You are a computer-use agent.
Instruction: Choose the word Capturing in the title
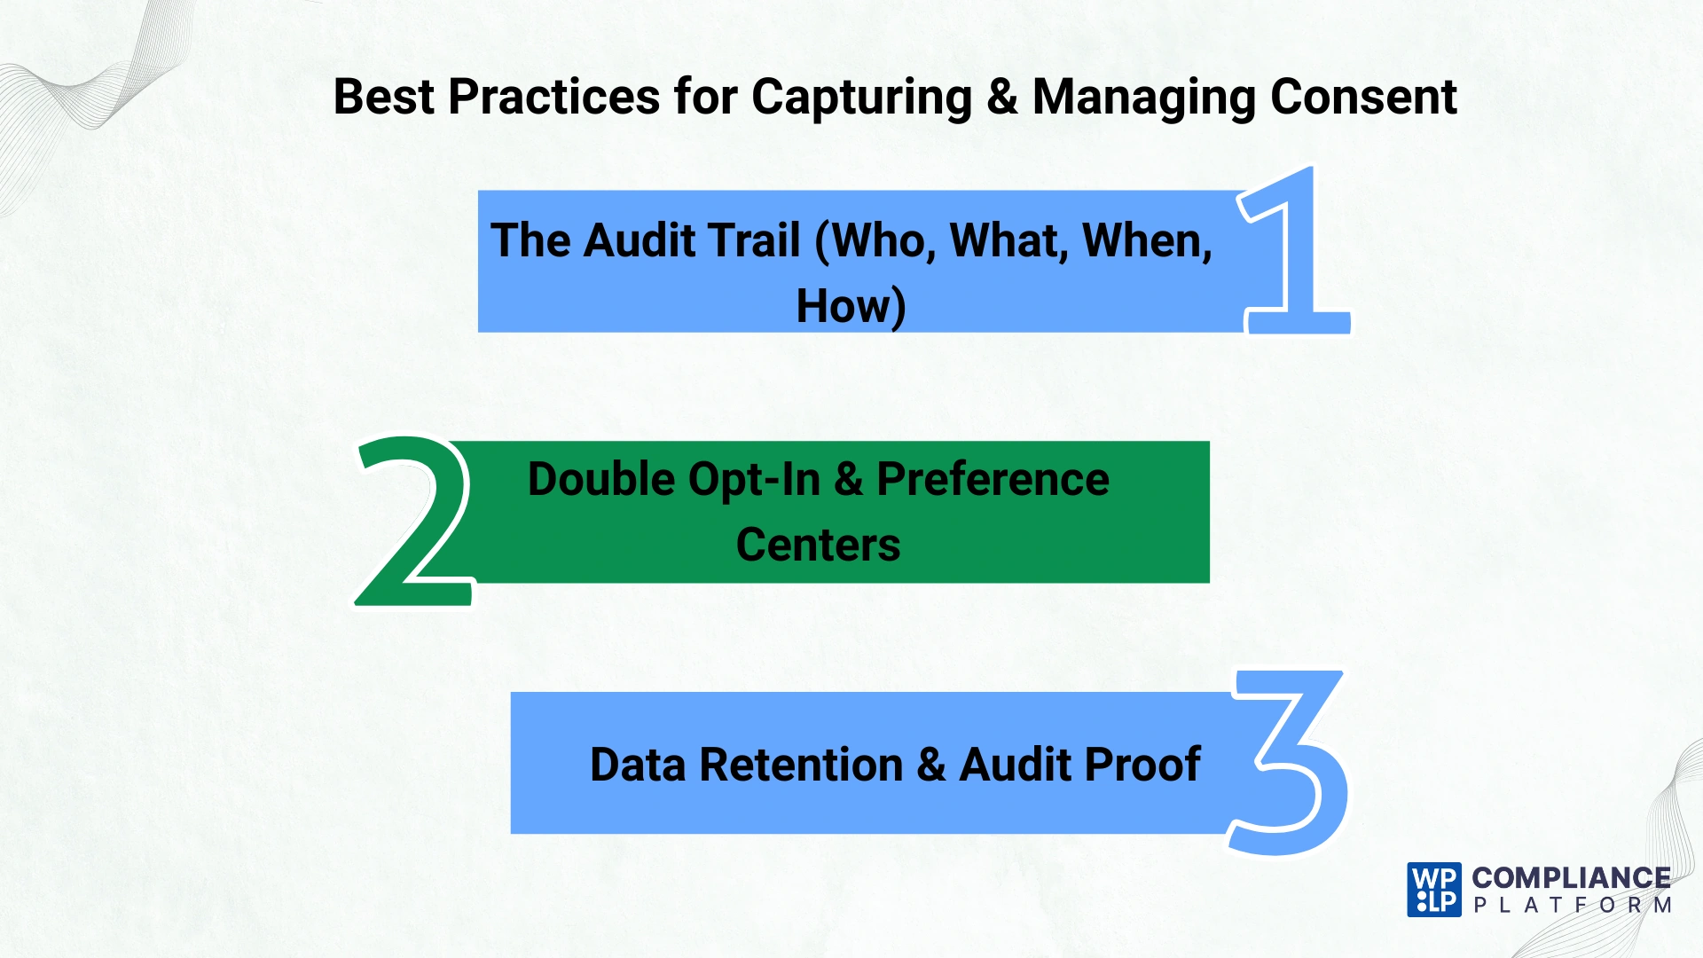[861, 98]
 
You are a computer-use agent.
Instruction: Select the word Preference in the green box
[993, 479]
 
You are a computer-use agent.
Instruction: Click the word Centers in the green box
[818, 545]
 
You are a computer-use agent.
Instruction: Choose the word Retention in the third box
[801, 765]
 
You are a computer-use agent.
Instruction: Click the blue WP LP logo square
[1433, 890]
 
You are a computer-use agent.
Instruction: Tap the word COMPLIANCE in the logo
[1571, 878]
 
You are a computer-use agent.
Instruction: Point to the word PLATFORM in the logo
[1572, 906]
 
